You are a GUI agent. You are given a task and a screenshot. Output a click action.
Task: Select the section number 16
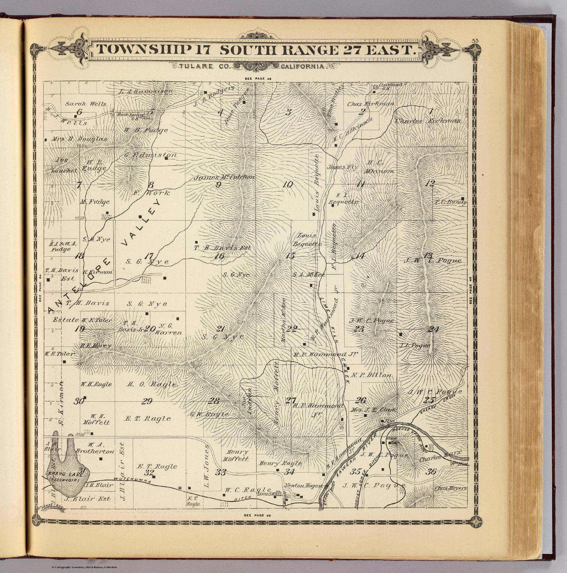coord(219,256)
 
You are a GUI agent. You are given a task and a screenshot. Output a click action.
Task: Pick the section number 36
coord(431,472)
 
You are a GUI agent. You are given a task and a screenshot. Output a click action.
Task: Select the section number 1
coord(431,111)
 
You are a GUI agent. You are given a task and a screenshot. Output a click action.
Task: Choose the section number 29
coord(147,401)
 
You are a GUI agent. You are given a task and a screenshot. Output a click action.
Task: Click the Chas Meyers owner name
coord(451,488)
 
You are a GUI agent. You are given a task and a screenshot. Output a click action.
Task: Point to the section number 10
coord(288,184)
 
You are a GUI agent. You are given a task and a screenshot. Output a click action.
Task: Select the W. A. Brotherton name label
coord(94,448)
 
